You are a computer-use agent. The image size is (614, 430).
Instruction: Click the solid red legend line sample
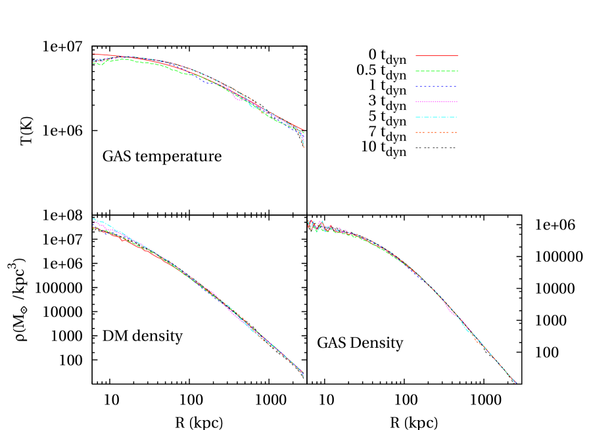[x=437, y=56]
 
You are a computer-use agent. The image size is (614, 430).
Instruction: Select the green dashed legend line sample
[x=437, y=71]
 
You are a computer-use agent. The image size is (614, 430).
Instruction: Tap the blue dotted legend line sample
[x=437, y=86]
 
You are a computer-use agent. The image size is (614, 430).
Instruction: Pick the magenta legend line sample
[x=437, y=102]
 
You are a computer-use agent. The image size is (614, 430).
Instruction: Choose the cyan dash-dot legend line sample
[x=437, y=117]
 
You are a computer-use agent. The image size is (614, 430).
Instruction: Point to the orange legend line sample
[x=437, y=133]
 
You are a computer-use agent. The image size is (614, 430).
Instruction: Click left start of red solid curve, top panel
[x=94, y=54]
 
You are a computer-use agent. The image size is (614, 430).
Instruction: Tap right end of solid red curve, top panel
[x=302, y=130]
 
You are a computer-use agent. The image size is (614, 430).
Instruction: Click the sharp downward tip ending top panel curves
[x=304, y=147]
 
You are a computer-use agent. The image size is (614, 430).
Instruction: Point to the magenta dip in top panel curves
[x=236, y=100]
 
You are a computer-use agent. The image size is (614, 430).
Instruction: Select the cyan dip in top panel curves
[x=250, y=105]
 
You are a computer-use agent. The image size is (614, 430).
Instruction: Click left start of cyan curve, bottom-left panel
[x=94, y=219]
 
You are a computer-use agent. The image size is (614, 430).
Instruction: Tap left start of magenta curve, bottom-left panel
[x=94, y=224]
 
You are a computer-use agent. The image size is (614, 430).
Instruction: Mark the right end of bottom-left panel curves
[x=304, y=375]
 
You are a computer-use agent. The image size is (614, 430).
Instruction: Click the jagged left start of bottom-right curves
[x=311, y=226]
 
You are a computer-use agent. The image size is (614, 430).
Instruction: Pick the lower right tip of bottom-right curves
[x=515, y=382]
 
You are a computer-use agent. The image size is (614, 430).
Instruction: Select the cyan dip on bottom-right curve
[x=469, y=330]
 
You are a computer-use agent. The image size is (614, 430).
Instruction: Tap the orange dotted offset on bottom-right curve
[x=477, y=341]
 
